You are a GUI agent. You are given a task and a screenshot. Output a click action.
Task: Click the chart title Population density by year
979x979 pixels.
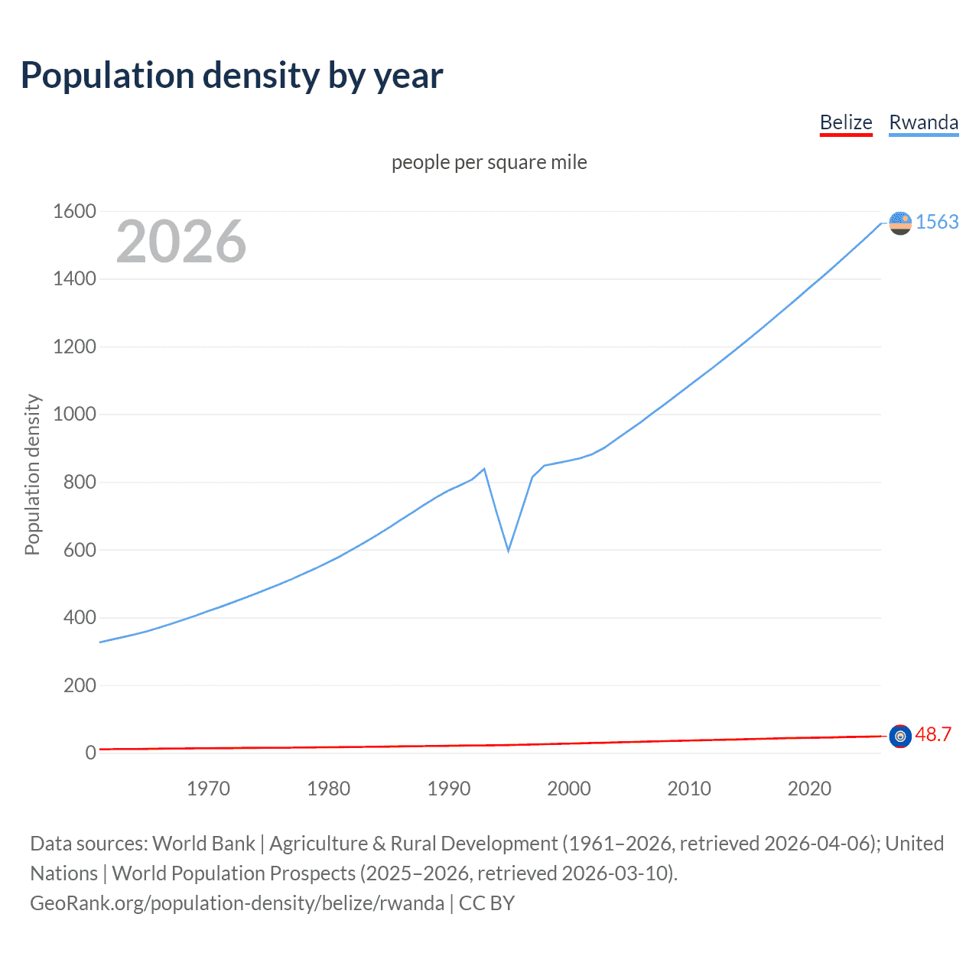pos(232,76)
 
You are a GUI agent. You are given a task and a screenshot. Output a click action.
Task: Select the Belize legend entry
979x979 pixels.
pos(846,122)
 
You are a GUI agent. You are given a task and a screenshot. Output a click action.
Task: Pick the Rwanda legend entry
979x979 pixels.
pos(923,122)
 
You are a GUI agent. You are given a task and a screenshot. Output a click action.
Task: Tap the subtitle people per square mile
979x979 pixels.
pos(489,162)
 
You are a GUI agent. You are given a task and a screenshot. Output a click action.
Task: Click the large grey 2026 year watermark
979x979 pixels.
pos(181,242)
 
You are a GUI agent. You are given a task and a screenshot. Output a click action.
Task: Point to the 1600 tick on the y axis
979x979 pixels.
pos(74,211)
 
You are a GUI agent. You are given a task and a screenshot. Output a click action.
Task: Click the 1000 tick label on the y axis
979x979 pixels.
pos(74,414)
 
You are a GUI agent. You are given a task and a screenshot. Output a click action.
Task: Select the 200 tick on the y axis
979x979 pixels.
pos(80,685)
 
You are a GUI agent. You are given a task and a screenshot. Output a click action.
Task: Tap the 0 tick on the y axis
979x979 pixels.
pos(90,753)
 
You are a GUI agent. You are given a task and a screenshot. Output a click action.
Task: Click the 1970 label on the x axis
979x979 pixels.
pos(208,789)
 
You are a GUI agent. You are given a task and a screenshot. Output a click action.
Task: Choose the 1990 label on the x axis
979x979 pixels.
pos(449,789)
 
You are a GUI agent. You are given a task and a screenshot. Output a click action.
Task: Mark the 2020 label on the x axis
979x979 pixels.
pos(809,789)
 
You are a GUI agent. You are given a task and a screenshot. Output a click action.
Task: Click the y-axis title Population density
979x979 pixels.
pos(32,474)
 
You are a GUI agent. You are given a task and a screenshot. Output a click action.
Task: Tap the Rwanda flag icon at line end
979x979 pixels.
pos(900,223)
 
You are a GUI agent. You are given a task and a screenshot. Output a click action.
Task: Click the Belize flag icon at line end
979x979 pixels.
pos(900,736)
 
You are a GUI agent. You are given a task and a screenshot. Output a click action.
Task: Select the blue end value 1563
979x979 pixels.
pos(937,222)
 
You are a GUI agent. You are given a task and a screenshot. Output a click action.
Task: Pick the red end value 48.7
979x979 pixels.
pos(933,734)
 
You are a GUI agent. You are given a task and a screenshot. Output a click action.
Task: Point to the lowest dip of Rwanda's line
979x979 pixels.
pos(508,551)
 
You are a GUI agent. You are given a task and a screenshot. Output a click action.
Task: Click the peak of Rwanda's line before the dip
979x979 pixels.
pos(484,469)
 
